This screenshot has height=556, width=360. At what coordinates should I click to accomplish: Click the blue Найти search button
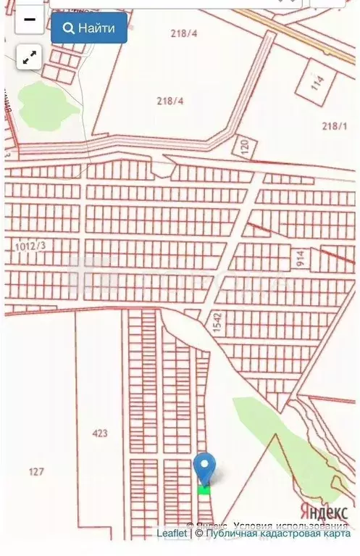coord(89,28)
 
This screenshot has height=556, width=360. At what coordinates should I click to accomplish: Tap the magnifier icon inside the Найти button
coord(70,28)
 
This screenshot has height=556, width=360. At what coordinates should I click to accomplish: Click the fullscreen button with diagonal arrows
coord(30,58)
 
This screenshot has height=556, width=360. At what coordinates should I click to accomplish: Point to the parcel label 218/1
coord(334,125)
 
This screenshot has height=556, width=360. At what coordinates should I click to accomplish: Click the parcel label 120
coord(243,145)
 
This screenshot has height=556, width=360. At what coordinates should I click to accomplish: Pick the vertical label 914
coord(299,257)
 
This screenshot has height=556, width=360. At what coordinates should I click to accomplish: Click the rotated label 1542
coord(216,321)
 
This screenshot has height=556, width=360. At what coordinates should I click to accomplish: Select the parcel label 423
coord(100,433)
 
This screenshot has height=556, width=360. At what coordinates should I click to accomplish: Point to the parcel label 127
coord(36,472)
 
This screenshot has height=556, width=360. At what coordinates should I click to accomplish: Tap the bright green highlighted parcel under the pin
coord(204,489)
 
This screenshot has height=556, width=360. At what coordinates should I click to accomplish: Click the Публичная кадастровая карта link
coord(277,534)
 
